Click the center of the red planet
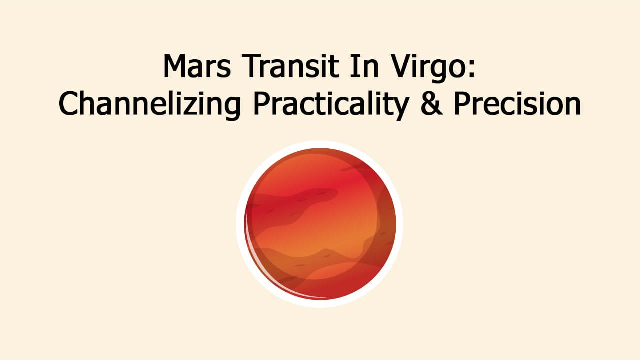click(x=320, y=224)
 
